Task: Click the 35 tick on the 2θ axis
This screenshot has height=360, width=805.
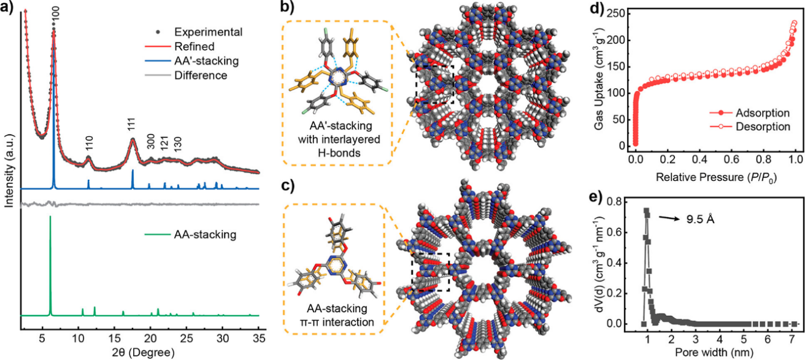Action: coord(259,338)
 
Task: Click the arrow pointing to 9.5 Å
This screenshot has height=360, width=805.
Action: coord(673,216)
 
